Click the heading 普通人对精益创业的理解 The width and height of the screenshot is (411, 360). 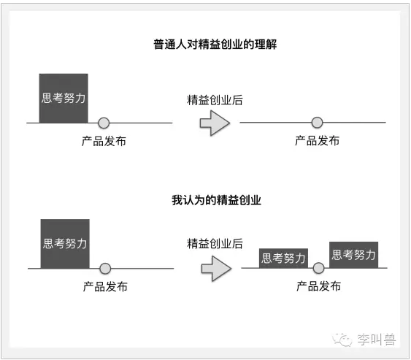215,44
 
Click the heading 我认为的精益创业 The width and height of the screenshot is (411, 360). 216,200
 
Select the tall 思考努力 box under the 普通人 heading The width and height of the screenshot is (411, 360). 64,98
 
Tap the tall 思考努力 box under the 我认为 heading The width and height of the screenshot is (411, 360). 65,244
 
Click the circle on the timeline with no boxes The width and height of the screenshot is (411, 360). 317,123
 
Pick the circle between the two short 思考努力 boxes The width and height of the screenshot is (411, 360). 319,268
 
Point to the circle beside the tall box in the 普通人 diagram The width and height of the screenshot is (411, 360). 104,123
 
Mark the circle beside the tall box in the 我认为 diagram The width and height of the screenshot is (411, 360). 105,269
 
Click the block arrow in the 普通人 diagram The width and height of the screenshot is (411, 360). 215,123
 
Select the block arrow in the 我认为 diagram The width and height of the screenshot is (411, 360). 216,269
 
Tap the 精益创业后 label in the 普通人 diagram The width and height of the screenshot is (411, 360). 215,100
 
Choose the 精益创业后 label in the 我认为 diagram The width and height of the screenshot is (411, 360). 215,243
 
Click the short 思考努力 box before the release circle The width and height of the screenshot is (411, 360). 283,258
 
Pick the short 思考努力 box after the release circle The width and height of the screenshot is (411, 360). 353,255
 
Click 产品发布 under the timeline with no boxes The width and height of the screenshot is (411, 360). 317,141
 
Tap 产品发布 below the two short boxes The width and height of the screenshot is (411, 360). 319,286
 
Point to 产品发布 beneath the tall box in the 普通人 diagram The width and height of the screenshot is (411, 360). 104,141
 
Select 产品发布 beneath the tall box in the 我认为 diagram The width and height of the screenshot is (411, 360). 105,286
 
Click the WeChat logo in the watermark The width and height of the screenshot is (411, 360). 342,340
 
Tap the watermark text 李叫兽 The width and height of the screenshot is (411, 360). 377,340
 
